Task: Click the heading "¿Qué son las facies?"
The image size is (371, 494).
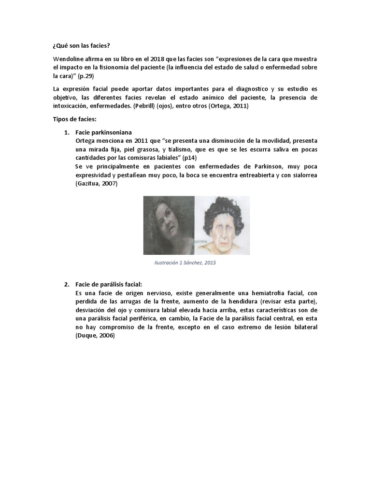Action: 81,46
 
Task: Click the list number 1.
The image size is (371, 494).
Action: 67,132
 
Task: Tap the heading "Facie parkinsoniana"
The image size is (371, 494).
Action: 104,132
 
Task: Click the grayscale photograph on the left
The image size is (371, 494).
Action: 169,225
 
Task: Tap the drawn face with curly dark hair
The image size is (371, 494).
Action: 222,225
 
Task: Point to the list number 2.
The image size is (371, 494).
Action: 67,285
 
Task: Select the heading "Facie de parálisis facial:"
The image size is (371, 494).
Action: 109,285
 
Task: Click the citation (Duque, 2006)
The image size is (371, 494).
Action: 95,336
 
